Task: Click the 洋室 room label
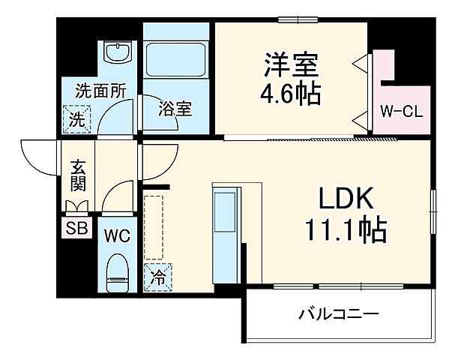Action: click(x=292, y=64)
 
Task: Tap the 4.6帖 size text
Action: click(x=292, y=94)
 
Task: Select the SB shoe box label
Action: click(x=76, y=228)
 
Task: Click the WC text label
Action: click(x=117, y=235)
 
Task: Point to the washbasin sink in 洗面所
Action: click(x=116, y=55)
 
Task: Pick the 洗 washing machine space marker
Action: click(x=77, y=118)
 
